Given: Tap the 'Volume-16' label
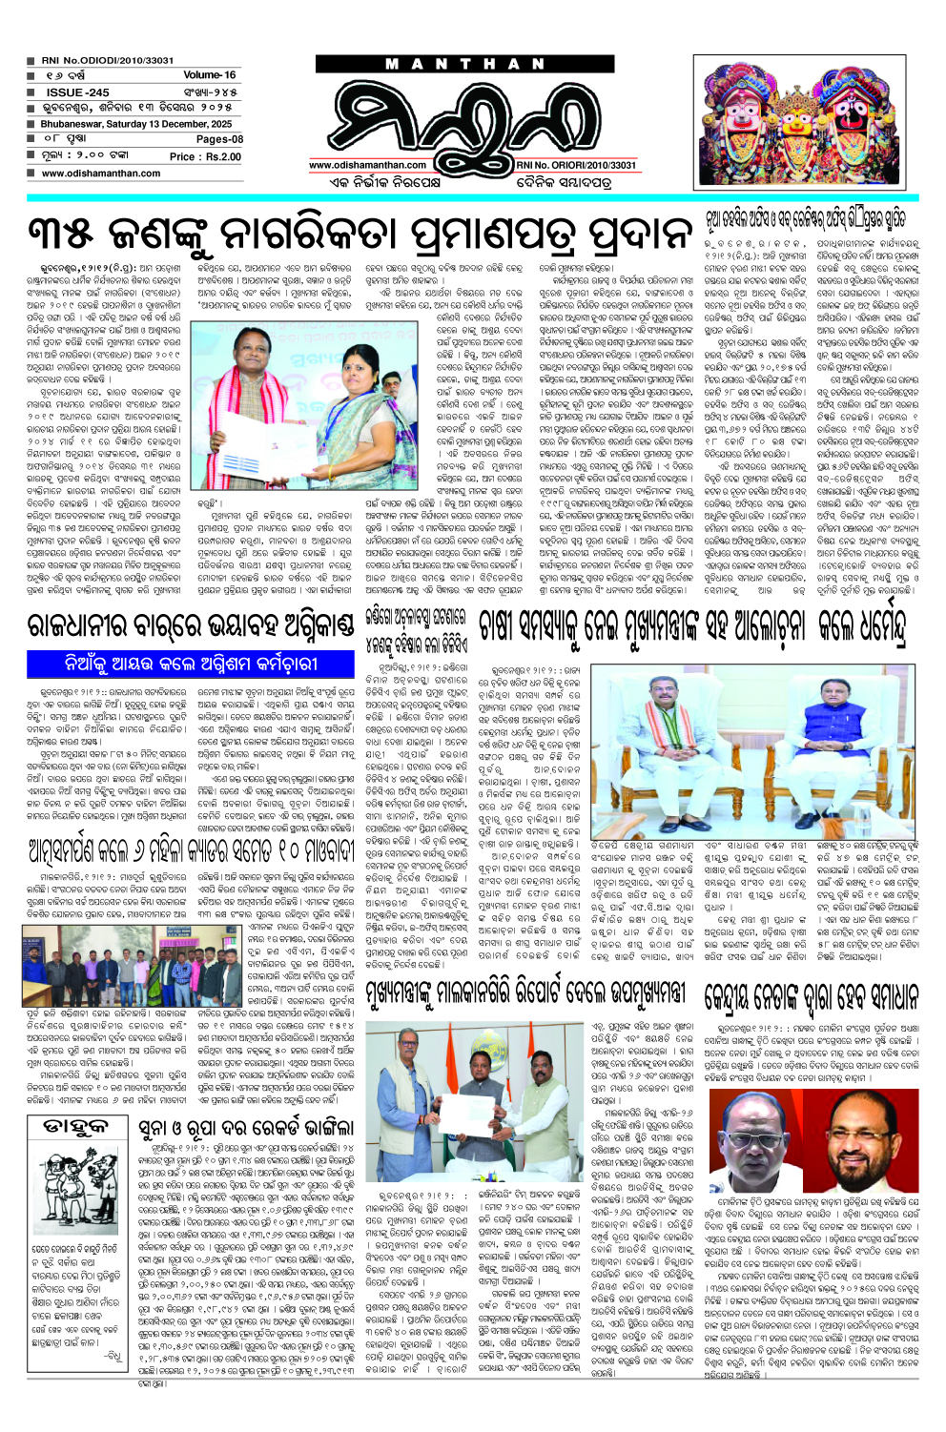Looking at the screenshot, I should [x=210, y=74].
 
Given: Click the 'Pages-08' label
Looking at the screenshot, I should [x=219, y=139].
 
